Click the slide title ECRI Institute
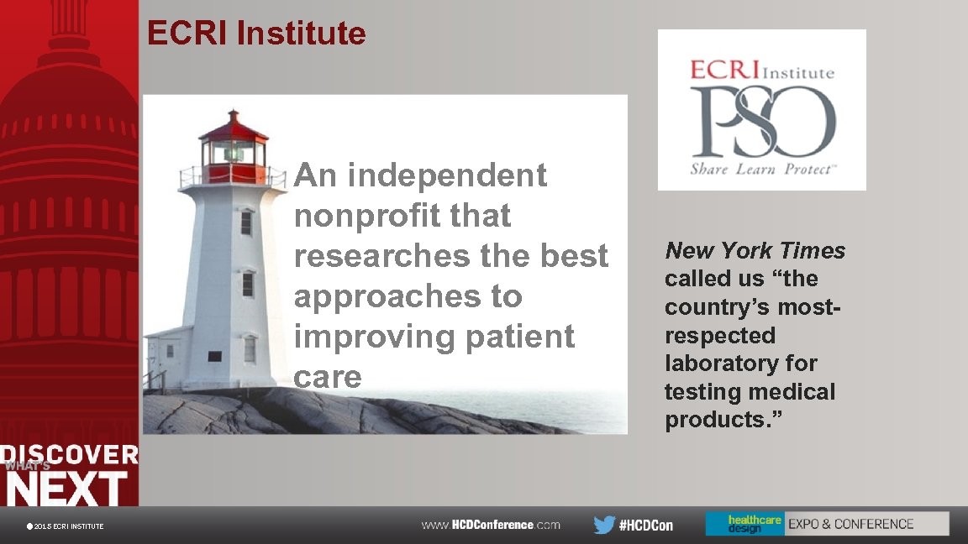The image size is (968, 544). (x=256, y=34)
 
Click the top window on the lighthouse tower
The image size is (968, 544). (x=246, y=222)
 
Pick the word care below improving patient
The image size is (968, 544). (x=328, y=377)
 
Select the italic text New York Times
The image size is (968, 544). (x=755, y=250)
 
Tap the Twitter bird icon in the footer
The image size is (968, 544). (x=604, y=525)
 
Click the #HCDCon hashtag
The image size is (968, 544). (x=646, y=526)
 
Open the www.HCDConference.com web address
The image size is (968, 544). (x=491, y=525)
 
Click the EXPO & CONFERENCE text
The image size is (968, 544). (x=850, y=524)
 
